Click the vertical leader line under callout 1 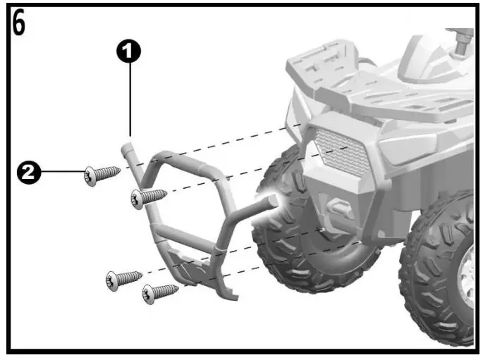[130, 99]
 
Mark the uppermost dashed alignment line [226, 144]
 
